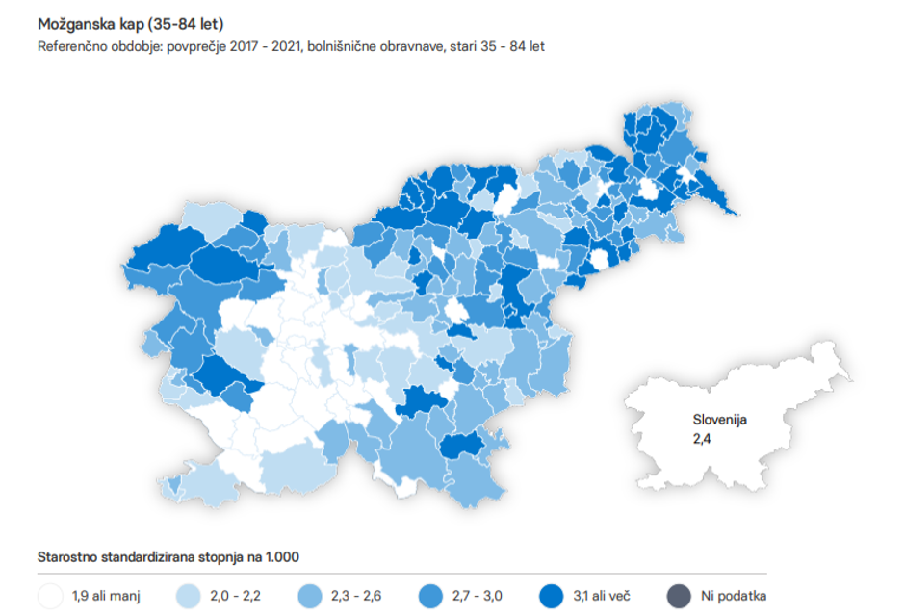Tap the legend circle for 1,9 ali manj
(50, 596)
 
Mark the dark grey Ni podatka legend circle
(680, 596)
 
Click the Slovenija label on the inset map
(720, 420)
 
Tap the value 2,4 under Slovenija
(703, 438)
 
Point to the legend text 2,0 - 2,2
(234, 597)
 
